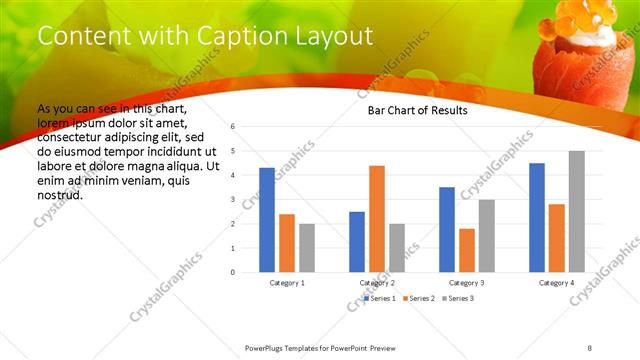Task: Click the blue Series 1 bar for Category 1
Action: pos(267,220)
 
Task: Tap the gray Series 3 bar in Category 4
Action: pos(577,211)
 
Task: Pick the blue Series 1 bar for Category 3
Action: pos(447,230)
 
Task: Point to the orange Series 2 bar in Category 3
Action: pos(467,250)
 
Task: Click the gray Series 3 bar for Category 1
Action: pos(307,248)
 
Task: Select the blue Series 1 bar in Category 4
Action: pos(537,217)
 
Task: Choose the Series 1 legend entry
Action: pos(380,298)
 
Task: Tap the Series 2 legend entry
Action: pos(420,298)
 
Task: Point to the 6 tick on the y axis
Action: pos(232,127)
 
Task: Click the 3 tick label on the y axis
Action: pos(232,199)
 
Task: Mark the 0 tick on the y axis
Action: pos(232,272)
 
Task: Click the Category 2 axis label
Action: pos(377,283)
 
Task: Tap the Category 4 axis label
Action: pos(557,283)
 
